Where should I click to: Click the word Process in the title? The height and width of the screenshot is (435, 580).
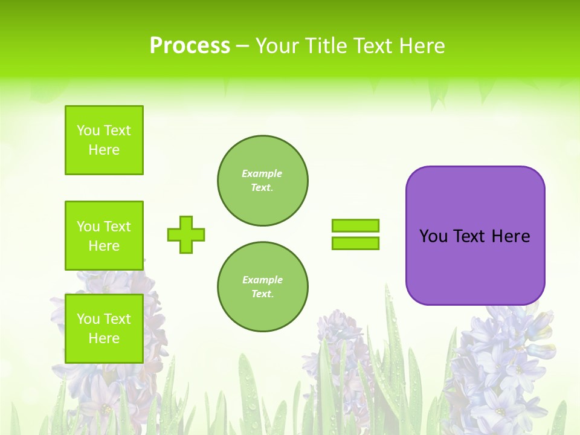[x=190, y=46]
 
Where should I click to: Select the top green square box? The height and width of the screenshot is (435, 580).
[x=104, y=140]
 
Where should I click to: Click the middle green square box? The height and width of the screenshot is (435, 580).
[x=104, y=236]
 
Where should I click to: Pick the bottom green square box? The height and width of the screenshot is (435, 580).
[x=104, y=328]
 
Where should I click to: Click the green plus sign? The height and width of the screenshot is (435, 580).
[x=186, y=234]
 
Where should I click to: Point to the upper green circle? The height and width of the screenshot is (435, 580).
[x=263, y=181]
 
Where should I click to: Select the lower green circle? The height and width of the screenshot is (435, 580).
[x=263, y=287]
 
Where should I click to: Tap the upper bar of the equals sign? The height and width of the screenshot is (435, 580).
[x=355, y=226]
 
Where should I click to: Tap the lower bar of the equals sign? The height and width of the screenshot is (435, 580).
[x=355, y=243]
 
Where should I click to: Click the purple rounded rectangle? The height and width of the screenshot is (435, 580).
[x=475, y=266]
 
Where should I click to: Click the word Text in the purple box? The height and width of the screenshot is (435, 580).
[x=469, y=236]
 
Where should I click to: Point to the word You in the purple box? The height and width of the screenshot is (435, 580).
[x=433, y=236]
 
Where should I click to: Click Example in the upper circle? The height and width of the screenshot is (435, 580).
[x=262, y=173]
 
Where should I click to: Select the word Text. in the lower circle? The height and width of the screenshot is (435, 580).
[x=262, y=294]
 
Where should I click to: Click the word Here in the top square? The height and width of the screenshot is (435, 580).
[x=104, y=150]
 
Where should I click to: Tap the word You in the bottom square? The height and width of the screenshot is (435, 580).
[x=88, y=319]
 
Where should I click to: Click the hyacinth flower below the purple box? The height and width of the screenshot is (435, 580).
[x=501, y=369]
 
